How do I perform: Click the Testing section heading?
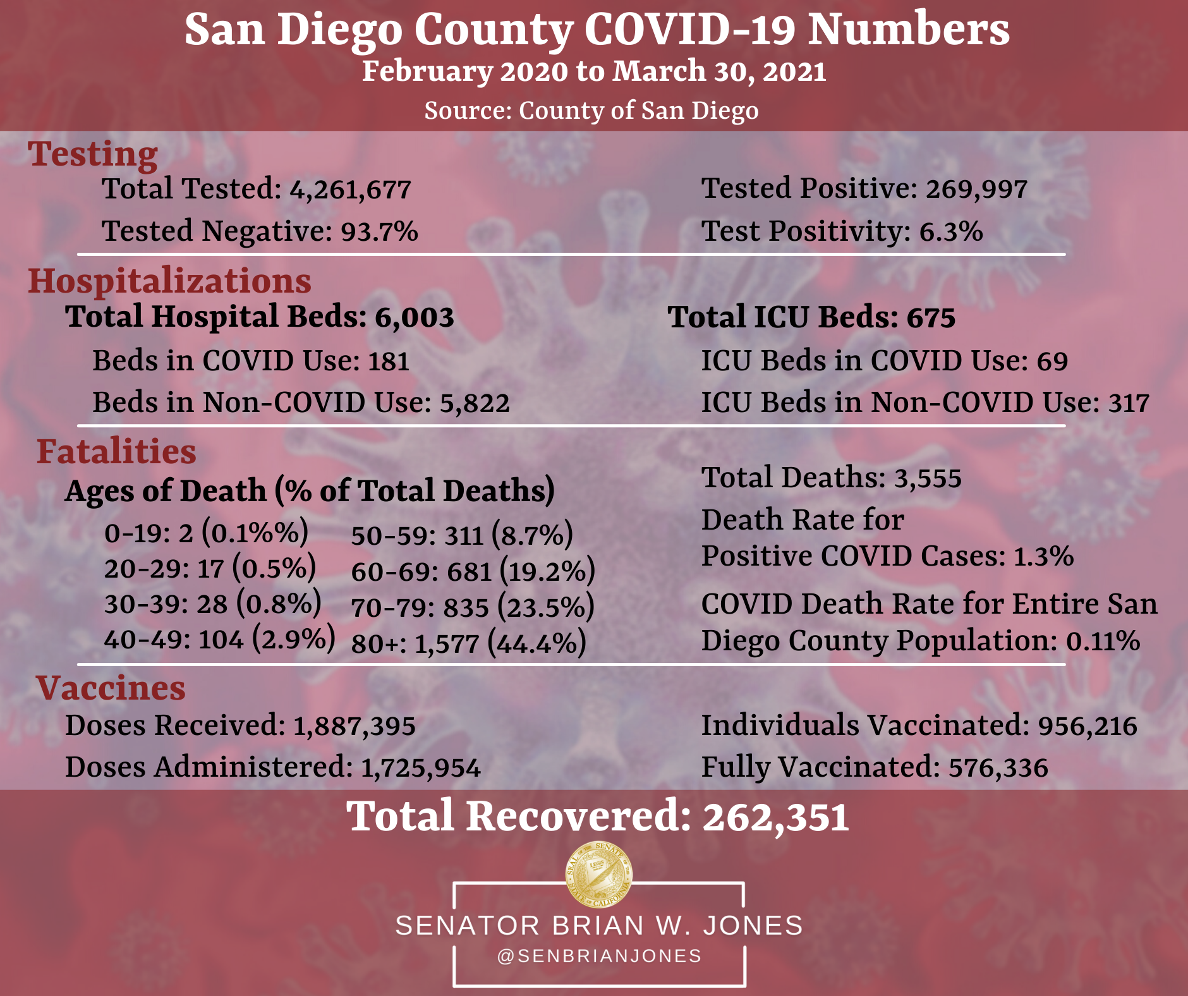point(93,154)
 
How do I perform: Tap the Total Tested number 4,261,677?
point(350,190)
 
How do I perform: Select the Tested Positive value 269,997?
point(976,189)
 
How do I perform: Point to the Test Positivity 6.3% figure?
point(950,231)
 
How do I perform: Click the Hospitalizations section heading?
point(169,281)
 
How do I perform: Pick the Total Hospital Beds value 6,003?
point(414,317)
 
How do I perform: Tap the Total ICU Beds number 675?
point(931,317)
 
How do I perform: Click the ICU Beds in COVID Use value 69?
point(1052,361)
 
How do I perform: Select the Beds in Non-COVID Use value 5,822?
point(474,403)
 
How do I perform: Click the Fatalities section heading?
point(116,452)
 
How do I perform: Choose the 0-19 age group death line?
point(206,533)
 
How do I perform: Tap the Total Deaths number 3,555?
point(927,478)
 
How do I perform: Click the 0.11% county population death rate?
point(1103,641)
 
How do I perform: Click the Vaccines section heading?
point(111,688)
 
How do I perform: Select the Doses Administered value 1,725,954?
point(420,768)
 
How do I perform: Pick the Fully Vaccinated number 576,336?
point(998,768)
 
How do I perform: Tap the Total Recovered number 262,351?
point(775,817)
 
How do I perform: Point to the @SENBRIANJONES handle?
point(599,956)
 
